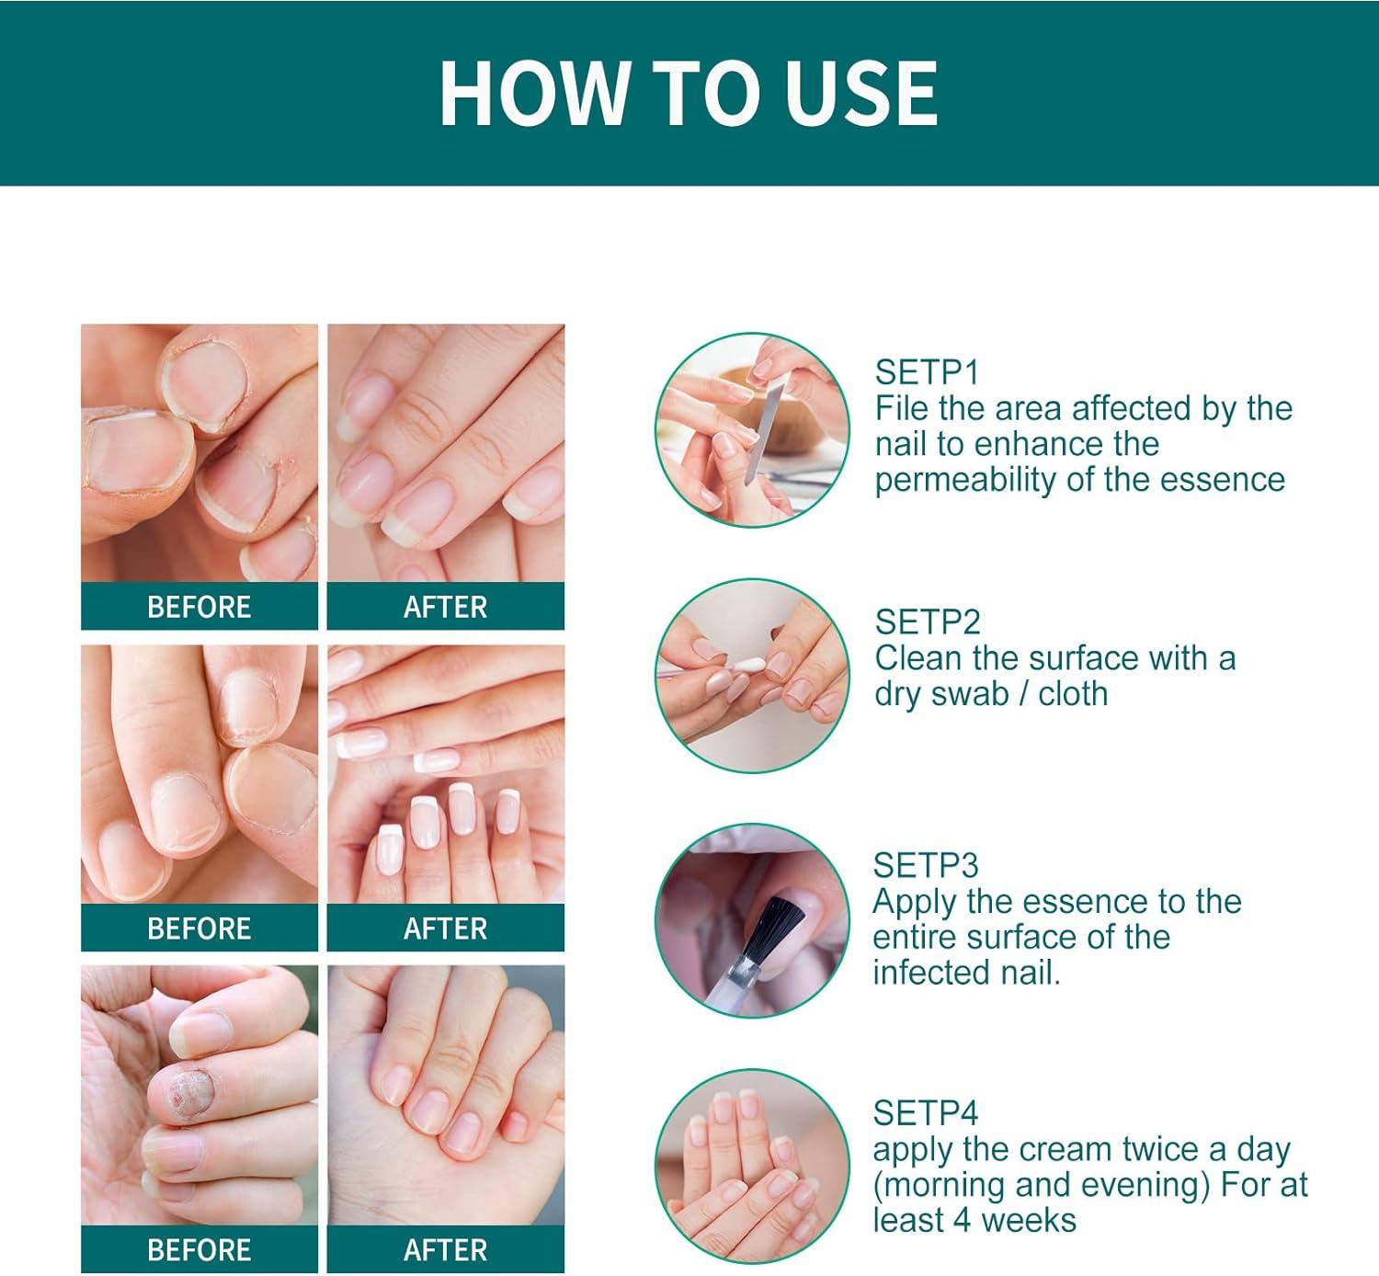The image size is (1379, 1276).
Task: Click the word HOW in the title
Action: pos(532,93)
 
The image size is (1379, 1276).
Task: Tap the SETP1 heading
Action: pos(927,372)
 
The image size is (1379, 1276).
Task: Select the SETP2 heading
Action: pos(928,622)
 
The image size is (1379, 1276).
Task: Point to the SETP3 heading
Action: pos(926,865)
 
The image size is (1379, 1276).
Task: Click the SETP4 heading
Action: pos(925,1113)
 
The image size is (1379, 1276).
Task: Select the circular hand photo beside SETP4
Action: pos(752,1166)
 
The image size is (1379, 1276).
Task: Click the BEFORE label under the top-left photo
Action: pos(199,607)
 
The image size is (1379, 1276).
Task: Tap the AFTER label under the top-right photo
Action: pos(445,607)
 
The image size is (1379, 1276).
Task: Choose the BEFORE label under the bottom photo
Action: pos(199,1249)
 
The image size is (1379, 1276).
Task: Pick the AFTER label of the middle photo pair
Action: pos(445,929)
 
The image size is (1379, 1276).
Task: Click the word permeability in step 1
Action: pos(966,480)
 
